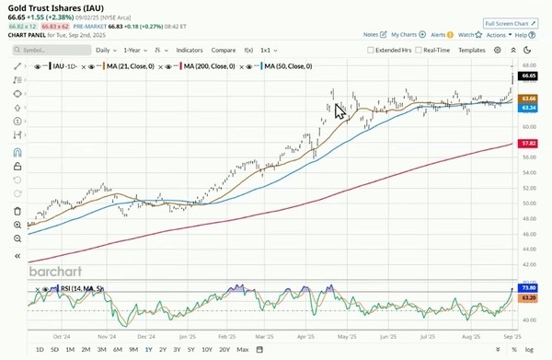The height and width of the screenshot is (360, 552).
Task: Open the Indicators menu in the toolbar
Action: point(190,50)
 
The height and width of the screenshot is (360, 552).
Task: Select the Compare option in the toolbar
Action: point(223,50)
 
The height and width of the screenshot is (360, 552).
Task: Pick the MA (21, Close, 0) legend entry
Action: point(137,67)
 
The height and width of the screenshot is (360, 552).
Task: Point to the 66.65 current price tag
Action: point(528,78)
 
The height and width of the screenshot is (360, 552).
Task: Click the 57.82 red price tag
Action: point(528,144)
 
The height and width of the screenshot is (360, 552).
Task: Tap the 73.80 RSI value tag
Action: point(528,289)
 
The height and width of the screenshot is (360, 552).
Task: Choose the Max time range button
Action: point(242,350)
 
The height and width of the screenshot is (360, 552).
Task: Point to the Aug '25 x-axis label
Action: point(469,337)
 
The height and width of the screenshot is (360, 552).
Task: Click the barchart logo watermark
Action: point(60,273)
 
